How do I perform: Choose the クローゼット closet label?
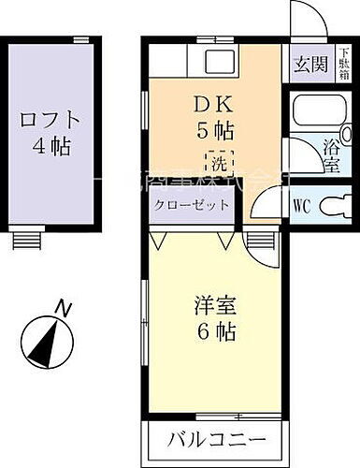pyautogui.click(x=191, y=205)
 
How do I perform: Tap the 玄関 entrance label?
pyautogui.click(x=310, y=65)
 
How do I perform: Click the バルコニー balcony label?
pyautogui.click(x=218, y=438)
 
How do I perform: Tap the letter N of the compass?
pyautogui.click(x=63, y=305)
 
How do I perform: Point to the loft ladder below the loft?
pyautogui.click(x=22, y=239)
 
